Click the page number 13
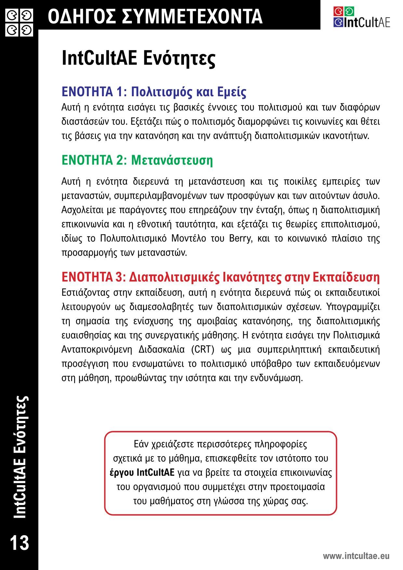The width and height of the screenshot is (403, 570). coord(19,542)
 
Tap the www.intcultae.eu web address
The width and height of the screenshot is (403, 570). coord(356,556)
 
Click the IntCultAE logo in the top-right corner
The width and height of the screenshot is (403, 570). coord(361,17)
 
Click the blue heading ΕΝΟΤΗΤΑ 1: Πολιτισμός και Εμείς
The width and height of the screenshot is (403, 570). coord(154,92)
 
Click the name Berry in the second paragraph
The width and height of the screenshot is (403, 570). coord(240,238)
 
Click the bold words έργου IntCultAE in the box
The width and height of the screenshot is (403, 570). coord(142,472)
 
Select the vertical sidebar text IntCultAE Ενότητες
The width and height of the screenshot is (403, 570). coord(20,457)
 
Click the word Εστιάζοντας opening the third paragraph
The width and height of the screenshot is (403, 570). coord(85,292)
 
